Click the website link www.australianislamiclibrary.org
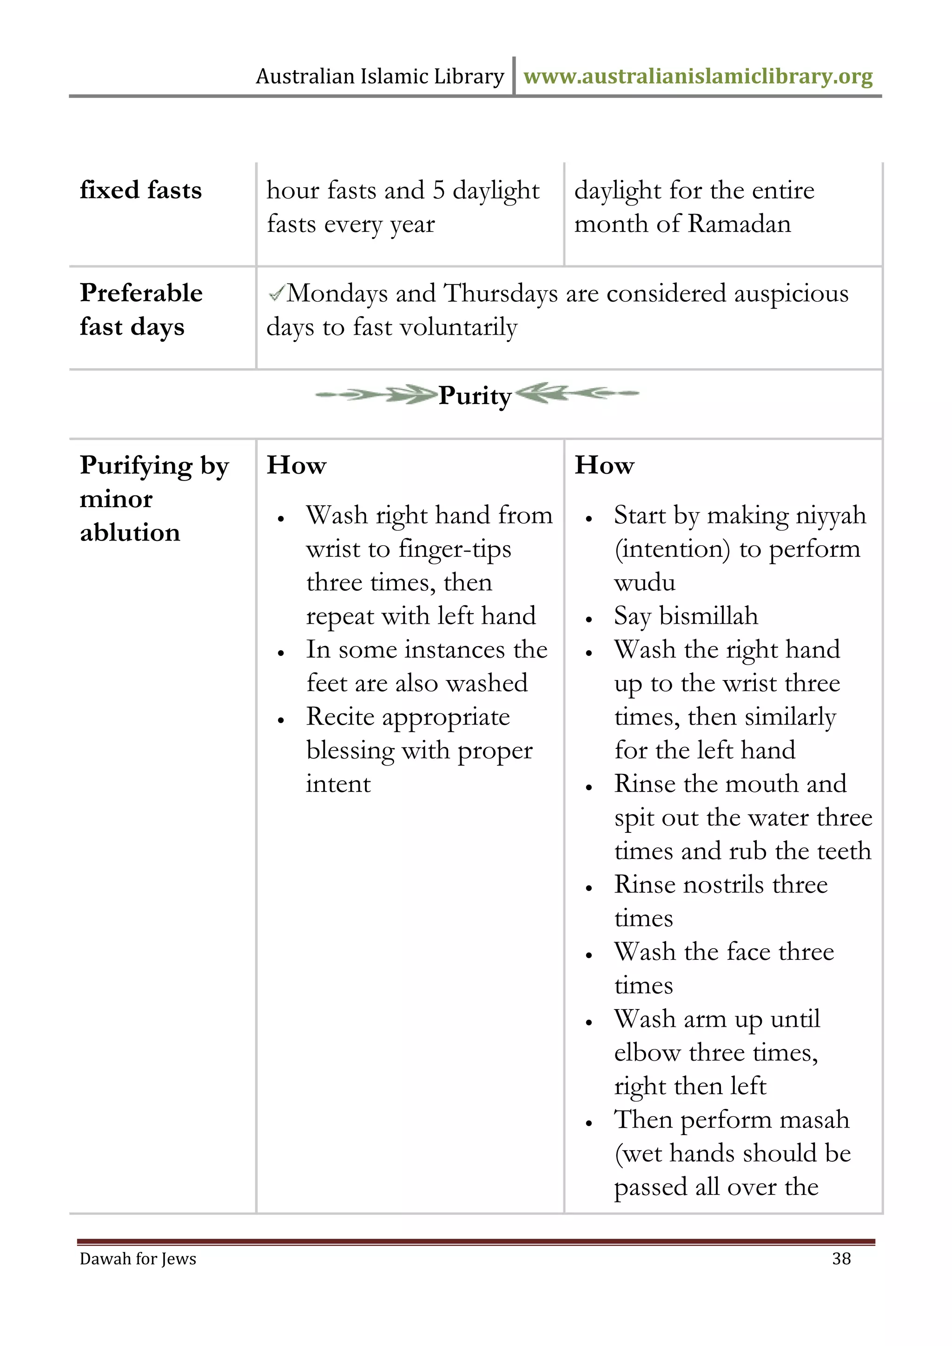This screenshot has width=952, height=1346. coord(698,76)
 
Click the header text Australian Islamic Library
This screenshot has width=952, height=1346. coord(380,76)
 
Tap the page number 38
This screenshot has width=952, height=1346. coord(841,1258)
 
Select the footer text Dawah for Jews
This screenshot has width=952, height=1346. coord(138,1259)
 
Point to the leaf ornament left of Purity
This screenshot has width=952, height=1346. coord(377,395)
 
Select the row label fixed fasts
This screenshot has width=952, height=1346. coord(141,190)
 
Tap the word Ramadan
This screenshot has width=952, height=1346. coord(739,224)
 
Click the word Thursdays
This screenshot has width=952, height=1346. coord(501,293)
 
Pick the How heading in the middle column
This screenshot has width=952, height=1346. coord(296,465)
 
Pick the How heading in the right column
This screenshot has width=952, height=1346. coord(604,465)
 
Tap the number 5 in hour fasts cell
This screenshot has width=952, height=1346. coord(438,190)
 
